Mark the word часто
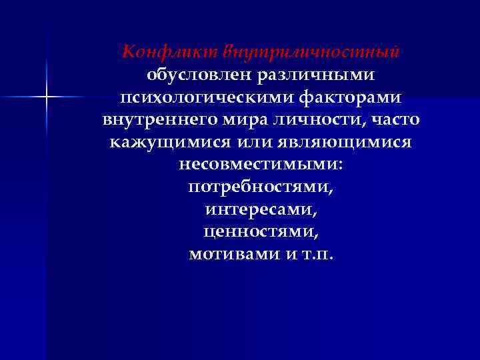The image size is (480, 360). [x=395, y=121]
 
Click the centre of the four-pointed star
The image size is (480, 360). [x=47, y=97]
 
